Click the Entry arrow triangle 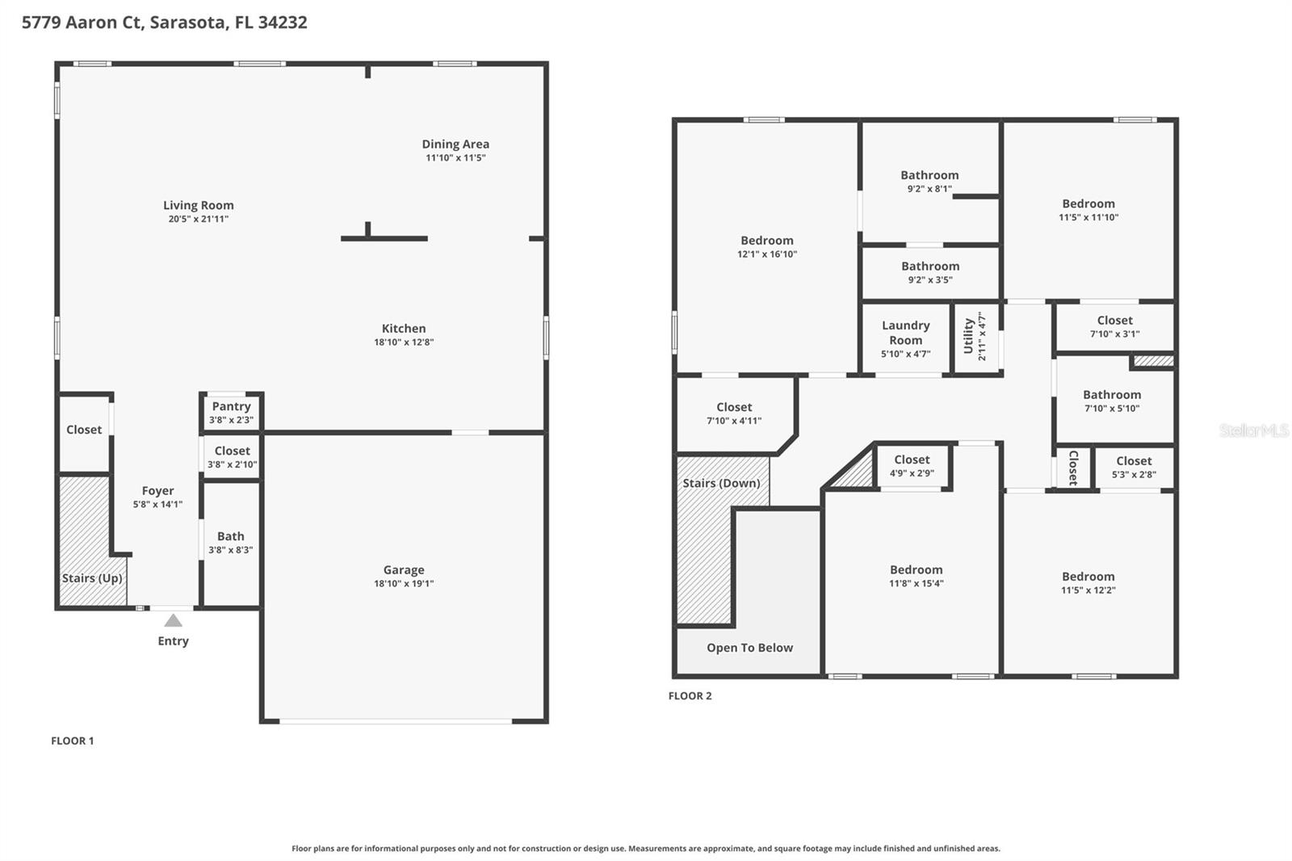pyautogui.click(x=173, y=620)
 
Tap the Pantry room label pyautogui.click(x=231, y=406)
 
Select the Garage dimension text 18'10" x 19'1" pyautogui.click(x=404, y=583)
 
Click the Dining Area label pyautogui.click(x=455, y=144)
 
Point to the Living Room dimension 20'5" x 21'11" pyautogui.click(x=199, y=219)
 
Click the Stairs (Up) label pyautogui.click(x=92, y=578)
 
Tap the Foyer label pyautogui.click(x=157, y=490)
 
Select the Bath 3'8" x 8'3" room pyautogui.click(x=230, y=542)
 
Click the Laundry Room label pyautogui.click(x=905, y=332)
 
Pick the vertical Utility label pyautogui.click(x=968, y=335)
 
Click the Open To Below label pyautogui.click(x=749, y=648)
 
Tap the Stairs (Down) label pyautogui.click(x=721, y=483)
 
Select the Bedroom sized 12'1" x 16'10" pyautogui.click(x=766, y=246)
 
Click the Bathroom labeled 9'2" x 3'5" pyautogui.click(x=930, y=271)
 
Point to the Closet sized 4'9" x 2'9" pyautogui.click(x=912, y=465)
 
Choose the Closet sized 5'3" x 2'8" pyautogui.click(x=1134, y=466)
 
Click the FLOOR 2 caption pyautogui.click(x=690, y=695)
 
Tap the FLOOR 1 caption pyautogui.click(x=72, y=741)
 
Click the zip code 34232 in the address pyautogui.click(x=283, y=23)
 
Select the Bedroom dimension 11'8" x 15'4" pyautogui.click(x=916, y=583)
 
